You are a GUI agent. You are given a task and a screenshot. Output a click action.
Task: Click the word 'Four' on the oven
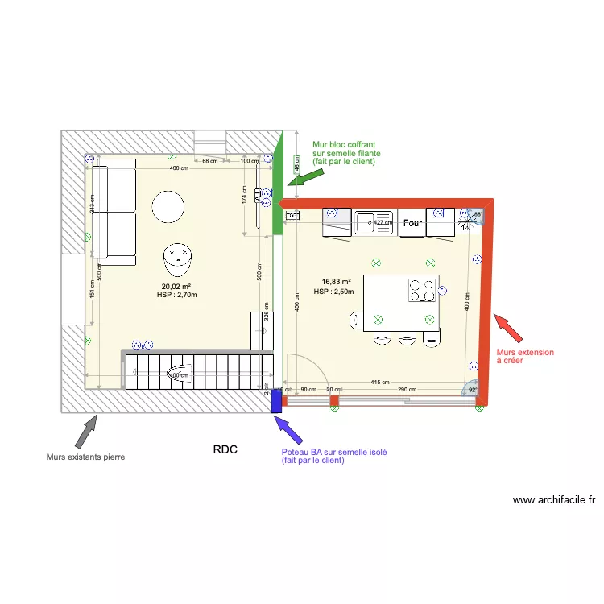413,223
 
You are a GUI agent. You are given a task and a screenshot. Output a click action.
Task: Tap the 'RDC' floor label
225,449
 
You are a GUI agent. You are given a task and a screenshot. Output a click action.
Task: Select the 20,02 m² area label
176,287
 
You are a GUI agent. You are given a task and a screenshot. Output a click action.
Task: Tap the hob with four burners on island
421,289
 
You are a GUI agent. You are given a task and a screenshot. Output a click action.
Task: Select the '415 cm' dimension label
380,382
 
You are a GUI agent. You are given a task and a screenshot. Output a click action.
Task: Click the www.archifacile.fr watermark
554,499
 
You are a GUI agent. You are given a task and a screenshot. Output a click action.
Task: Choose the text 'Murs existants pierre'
86,457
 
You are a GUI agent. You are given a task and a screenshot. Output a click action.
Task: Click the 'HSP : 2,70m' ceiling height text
176,295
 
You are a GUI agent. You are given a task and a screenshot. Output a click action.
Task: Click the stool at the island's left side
355,321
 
